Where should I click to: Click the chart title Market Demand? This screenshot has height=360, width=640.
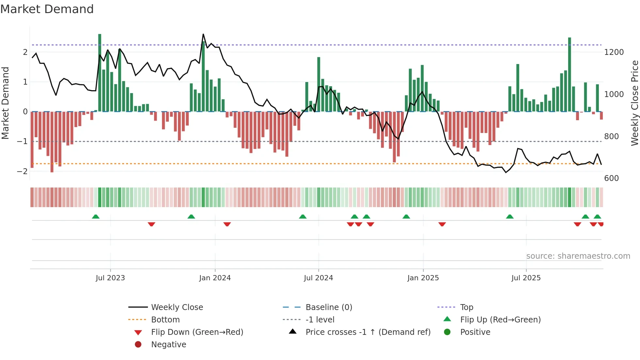pyautogui.click(x=47, y=9)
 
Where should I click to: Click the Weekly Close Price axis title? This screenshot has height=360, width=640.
pyautogui.click(x=634, y=103)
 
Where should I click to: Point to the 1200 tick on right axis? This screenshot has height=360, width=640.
pyautogui.click(x=614, y=52)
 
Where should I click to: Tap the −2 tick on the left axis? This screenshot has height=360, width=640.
pyautogui.click(x=22, y=171)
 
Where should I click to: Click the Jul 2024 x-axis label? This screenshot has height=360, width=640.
pyautogui.click(x=318, y=278)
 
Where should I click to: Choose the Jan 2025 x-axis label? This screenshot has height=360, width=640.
pyautogui.click(x=423, y=278)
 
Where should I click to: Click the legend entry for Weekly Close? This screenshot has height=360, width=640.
pyautogui.click(x=177, y=307)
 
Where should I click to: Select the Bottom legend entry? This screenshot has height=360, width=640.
pyautogui.click(x=165, y=320)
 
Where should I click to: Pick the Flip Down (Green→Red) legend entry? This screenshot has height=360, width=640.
pyautogui.click(x=197, y=332)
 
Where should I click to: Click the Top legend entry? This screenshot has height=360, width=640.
pyautogui.click(x=467, y=307)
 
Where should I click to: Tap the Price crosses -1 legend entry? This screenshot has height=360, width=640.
pyautogui.click(x=368, y=332)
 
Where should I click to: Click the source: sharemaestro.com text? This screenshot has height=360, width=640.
pyautogui.click(x=578, y=256)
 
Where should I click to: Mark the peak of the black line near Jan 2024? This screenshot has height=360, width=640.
pyautogui.click(x=203, y=34)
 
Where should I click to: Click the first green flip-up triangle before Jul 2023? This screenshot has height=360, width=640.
pyautogui.click(x=95, y=217)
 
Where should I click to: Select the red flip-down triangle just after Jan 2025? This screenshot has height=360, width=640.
pyautogui.click(x=442, y=224)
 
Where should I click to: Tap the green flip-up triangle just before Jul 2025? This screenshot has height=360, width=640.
pyautogui.click(x=510, y=217)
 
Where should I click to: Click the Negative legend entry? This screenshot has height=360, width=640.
pyautogui.click(x=168, y=345)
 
